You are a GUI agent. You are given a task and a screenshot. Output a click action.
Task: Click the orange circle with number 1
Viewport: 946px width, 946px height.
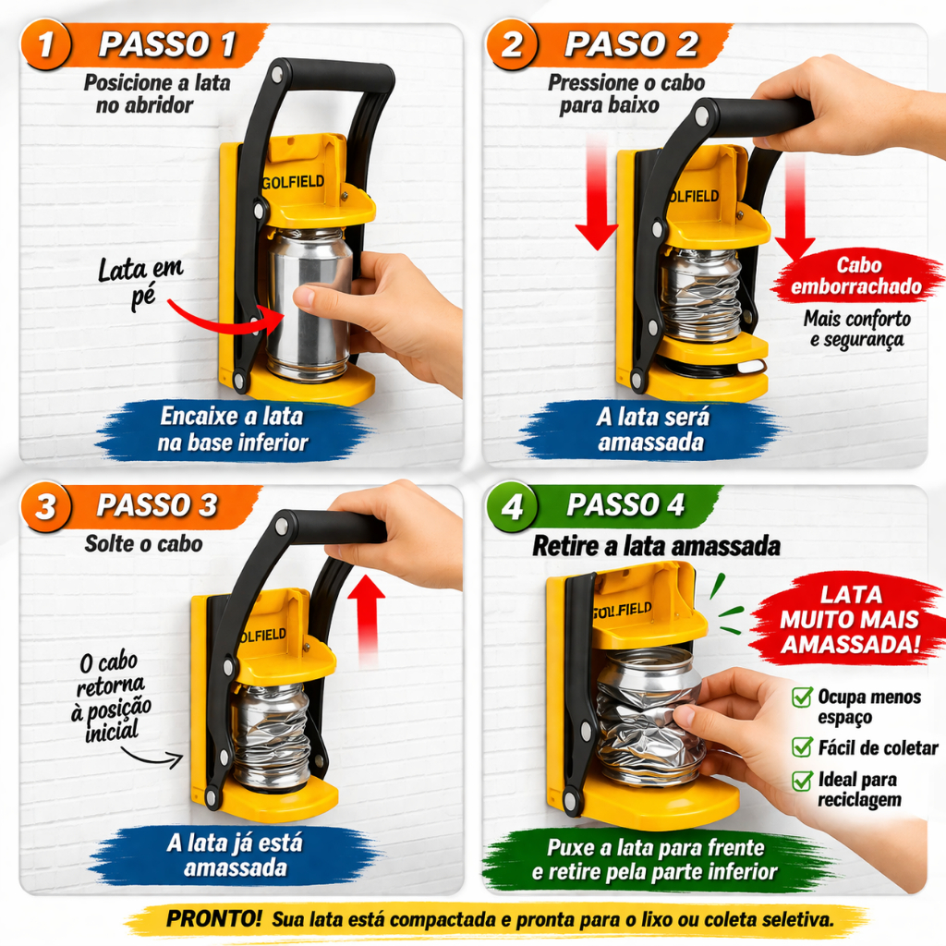[46, 44]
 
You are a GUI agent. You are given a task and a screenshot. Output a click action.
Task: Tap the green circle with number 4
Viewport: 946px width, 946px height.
[512, 506]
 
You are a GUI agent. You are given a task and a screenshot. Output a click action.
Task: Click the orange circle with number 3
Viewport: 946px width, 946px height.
[46, 506]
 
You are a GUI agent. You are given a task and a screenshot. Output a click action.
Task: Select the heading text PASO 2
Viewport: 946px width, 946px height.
[631, 44]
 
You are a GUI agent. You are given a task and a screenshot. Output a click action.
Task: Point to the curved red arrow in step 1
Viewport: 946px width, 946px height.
[224, 319]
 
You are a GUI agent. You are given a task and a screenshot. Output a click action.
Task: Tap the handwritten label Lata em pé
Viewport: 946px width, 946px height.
[141, 281]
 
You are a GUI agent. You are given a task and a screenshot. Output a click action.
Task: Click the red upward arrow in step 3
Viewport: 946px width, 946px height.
[366, 619]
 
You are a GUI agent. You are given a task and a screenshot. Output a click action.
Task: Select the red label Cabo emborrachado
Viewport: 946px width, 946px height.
[857, 275]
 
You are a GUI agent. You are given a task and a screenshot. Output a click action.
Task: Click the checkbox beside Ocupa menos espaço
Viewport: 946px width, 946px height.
[802, 697]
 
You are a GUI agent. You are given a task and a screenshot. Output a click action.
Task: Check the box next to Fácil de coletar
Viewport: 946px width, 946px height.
[802, 746]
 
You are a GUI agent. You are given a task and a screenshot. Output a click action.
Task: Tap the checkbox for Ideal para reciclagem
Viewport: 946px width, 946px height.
[802, 780]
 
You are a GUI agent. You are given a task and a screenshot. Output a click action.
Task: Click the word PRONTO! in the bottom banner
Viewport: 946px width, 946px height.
[213, 918]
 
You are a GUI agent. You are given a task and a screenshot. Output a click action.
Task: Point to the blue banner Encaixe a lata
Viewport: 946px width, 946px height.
[233, 429]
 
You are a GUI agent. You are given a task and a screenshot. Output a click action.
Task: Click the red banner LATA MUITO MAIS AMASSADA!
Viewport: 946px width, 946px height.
[850, 620]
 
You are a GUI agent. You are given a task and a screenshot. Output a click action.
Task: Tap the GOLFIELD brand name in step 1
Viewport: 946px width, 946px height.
[293, 182]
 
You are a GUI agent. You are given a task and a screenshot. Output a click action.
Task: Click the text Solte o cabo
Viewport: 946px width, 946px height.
[143, 543]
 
